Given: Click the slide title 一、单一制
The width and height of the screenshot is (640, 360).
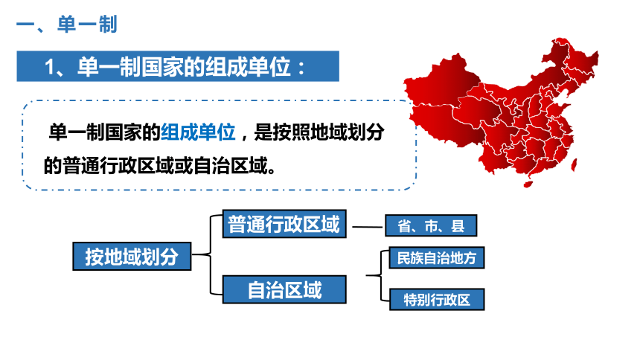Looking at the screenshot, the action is (67, 24).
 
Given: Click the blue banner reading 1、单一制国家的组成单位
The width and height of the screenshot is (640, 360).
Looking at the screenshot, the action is (178, 66).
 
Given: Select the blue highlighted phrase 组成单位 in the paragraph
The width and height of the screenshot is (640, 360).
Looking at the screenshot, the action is (198, 132).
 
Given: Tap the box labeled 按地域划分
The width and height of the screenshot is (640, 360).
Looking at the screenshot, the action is (132, 257).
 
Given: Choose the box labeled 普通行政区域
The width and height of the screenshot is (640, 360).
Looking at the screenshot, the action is (284, 224).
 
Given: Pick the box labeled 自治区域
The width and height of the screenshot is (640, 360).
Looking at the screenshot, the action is (284, 289).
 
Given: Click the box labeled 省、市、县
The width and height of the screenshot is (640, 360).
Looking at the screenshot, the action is (431, 225).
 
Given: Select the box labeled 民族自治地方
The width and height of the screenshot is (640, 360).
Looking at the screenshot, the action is (437, 257).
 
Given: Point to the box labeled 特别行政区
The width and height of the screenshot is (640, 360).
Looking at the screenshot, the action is (437, 300).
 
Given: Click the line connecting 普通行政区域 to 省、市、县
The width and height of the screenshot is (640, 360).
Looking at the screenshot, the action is (368, 227).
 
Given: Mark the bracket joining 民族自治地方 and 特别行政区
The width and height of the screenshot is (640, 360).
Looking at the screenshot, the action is (381, 276).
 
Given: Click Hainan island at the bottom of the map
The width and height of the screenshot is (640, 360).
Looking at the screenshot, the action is (528, 184).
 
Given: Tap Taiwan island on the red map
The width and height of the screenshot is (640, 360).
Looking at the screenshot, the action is (574, 165).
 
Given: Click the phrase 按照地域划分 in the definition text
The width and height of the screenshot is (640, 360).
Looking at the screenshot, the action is (329, 132).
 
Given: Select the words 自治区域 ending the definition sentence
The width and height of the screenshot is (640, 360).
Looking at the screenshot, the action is (231, 166).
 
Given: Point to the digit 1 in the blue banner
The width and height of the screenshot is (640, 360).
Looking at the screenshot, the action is (50, 66).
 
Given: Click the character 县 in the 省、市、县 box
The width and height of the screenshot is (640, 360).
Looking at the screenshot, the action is (458, 225).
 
